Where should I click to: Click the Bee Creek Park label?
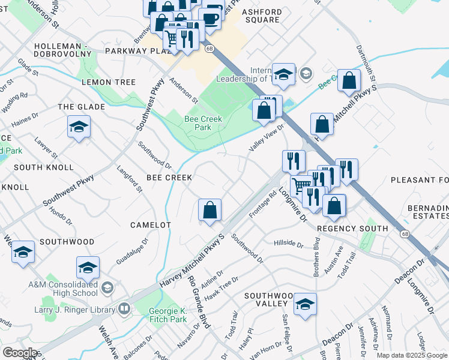click(x=203, y=123)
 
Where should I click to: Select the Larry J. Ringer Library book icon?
click(x=124, y=309)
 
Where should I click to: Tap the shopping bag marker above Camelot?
click(x=210, y=211)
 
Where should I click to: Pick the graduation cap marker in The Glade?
click(x=78, y=127)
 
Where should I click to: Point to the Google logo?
click(x=20, y=353)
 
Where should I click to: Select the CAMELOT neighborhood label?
click(x=151, y=225)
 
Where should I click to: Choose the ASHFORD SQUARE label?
click(x=261, y=16)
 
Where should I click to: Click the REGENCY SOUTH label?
click(x=352, y=229)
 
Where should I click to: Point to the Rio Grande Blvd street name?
click(x=199, y=301)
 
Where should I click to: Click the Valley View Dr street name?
click(x=267, y=139)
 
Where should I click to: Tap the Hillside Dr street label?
click(x=289, y=243)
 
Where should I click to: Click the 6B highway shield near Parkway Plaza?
click(x=209, y=48)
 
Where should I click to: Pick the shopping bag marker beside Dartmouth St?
click(x=349, y=80)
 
